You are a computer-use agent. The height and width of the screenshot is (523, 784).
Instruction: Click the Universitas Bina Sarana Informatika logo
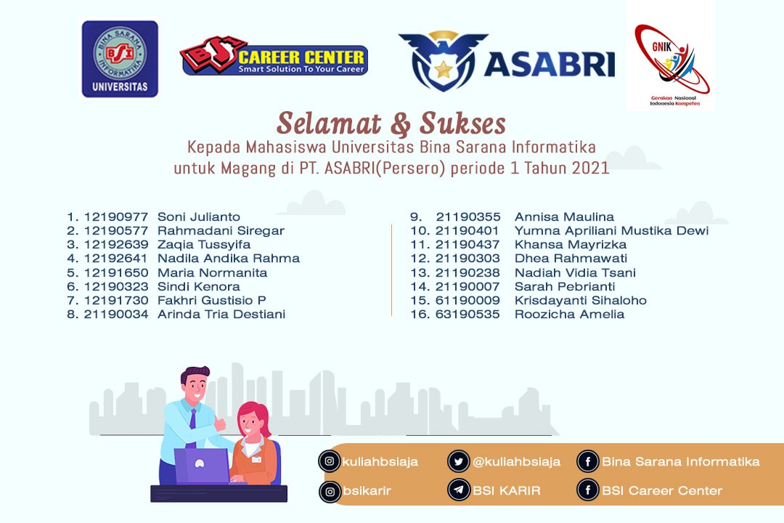click(120, 59)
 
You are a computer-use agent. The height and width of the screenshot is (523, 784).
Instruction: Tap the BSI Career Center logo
click(274, 57)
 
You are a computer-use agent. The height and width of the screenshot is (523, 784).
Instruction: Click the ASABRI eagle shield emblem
click(443, 61)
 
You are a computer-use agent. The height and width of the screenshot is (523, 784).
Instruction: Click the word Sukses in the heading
click(462, 123)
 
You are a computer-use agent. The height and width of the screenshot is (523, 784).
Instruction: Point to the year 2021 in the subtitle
click(590, 168)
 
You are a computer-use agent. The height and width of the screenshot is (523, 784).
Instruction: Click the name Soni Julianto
click(198, 216)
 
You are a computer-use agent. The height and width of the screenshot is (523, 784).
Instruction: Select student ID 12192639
click(116, 244)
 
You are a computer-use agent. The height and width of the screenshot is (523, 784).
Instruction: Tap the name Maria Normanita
click(212, 273)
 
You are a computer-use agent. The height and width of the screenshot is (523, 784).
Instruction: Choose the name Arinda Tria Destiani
click(221, 315)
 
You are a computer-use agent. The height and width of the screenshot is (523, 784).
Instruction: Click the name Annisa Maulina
click(564, 216)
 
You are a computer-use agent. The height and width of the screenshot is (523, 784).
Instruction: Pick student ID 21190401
click(467, 231)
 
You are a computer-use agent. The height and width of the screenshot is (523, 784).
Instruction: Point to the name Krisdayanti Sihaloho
click(581, 300)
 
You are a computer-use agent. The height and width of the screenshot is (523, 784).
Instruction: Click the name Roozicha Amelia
click(570, 315)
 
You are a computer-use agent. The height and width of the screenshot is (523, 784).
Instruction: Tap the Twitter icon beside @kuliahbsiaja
click(459, 461)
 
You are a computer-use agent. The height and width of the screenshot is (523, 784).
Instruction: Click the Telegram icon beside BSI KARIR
click(459, 490)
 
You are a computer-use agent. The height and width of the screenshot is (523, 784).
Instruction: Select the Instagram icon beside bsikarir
click(330, 492)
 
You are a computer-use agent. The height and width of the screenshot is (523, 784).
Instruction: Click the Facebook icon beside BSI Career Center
click(587, 490)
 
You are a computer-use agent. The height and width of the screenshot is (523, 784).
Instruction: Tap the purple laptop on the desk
click(202, 466)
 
